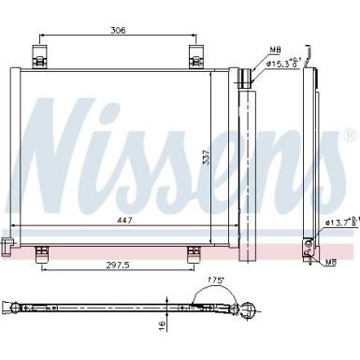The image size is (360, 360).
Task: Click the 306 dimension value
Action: pos(118,30)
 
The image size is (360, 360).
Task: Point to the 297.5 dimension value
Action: pos(116,264)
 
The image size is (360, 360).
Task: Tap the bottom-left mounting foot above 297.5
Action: pos(42,250)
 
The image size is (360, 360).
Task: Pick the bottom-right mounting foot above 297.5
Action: pos(193,250)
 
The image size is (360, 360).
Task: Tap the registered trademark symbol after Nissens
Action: pos(350,137)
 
